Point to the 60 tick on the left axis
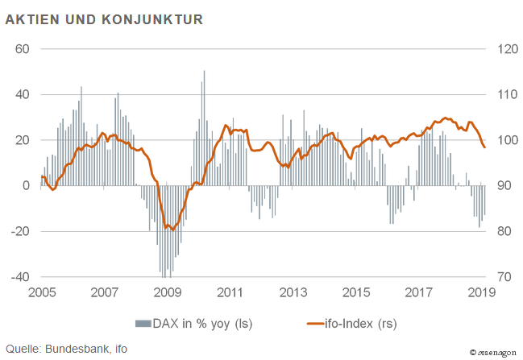pyautogui.click(x=23, y=48)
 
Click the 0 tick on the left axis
pyautogui.click(x=26, y=185)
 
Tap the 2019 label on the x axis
pyautogui.click(x=481, y=292)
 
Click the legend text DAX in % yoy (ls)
pyautogui.click(x=203, y=324)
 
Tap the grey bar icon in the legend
pyautogui.click(x=142, y=324)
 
